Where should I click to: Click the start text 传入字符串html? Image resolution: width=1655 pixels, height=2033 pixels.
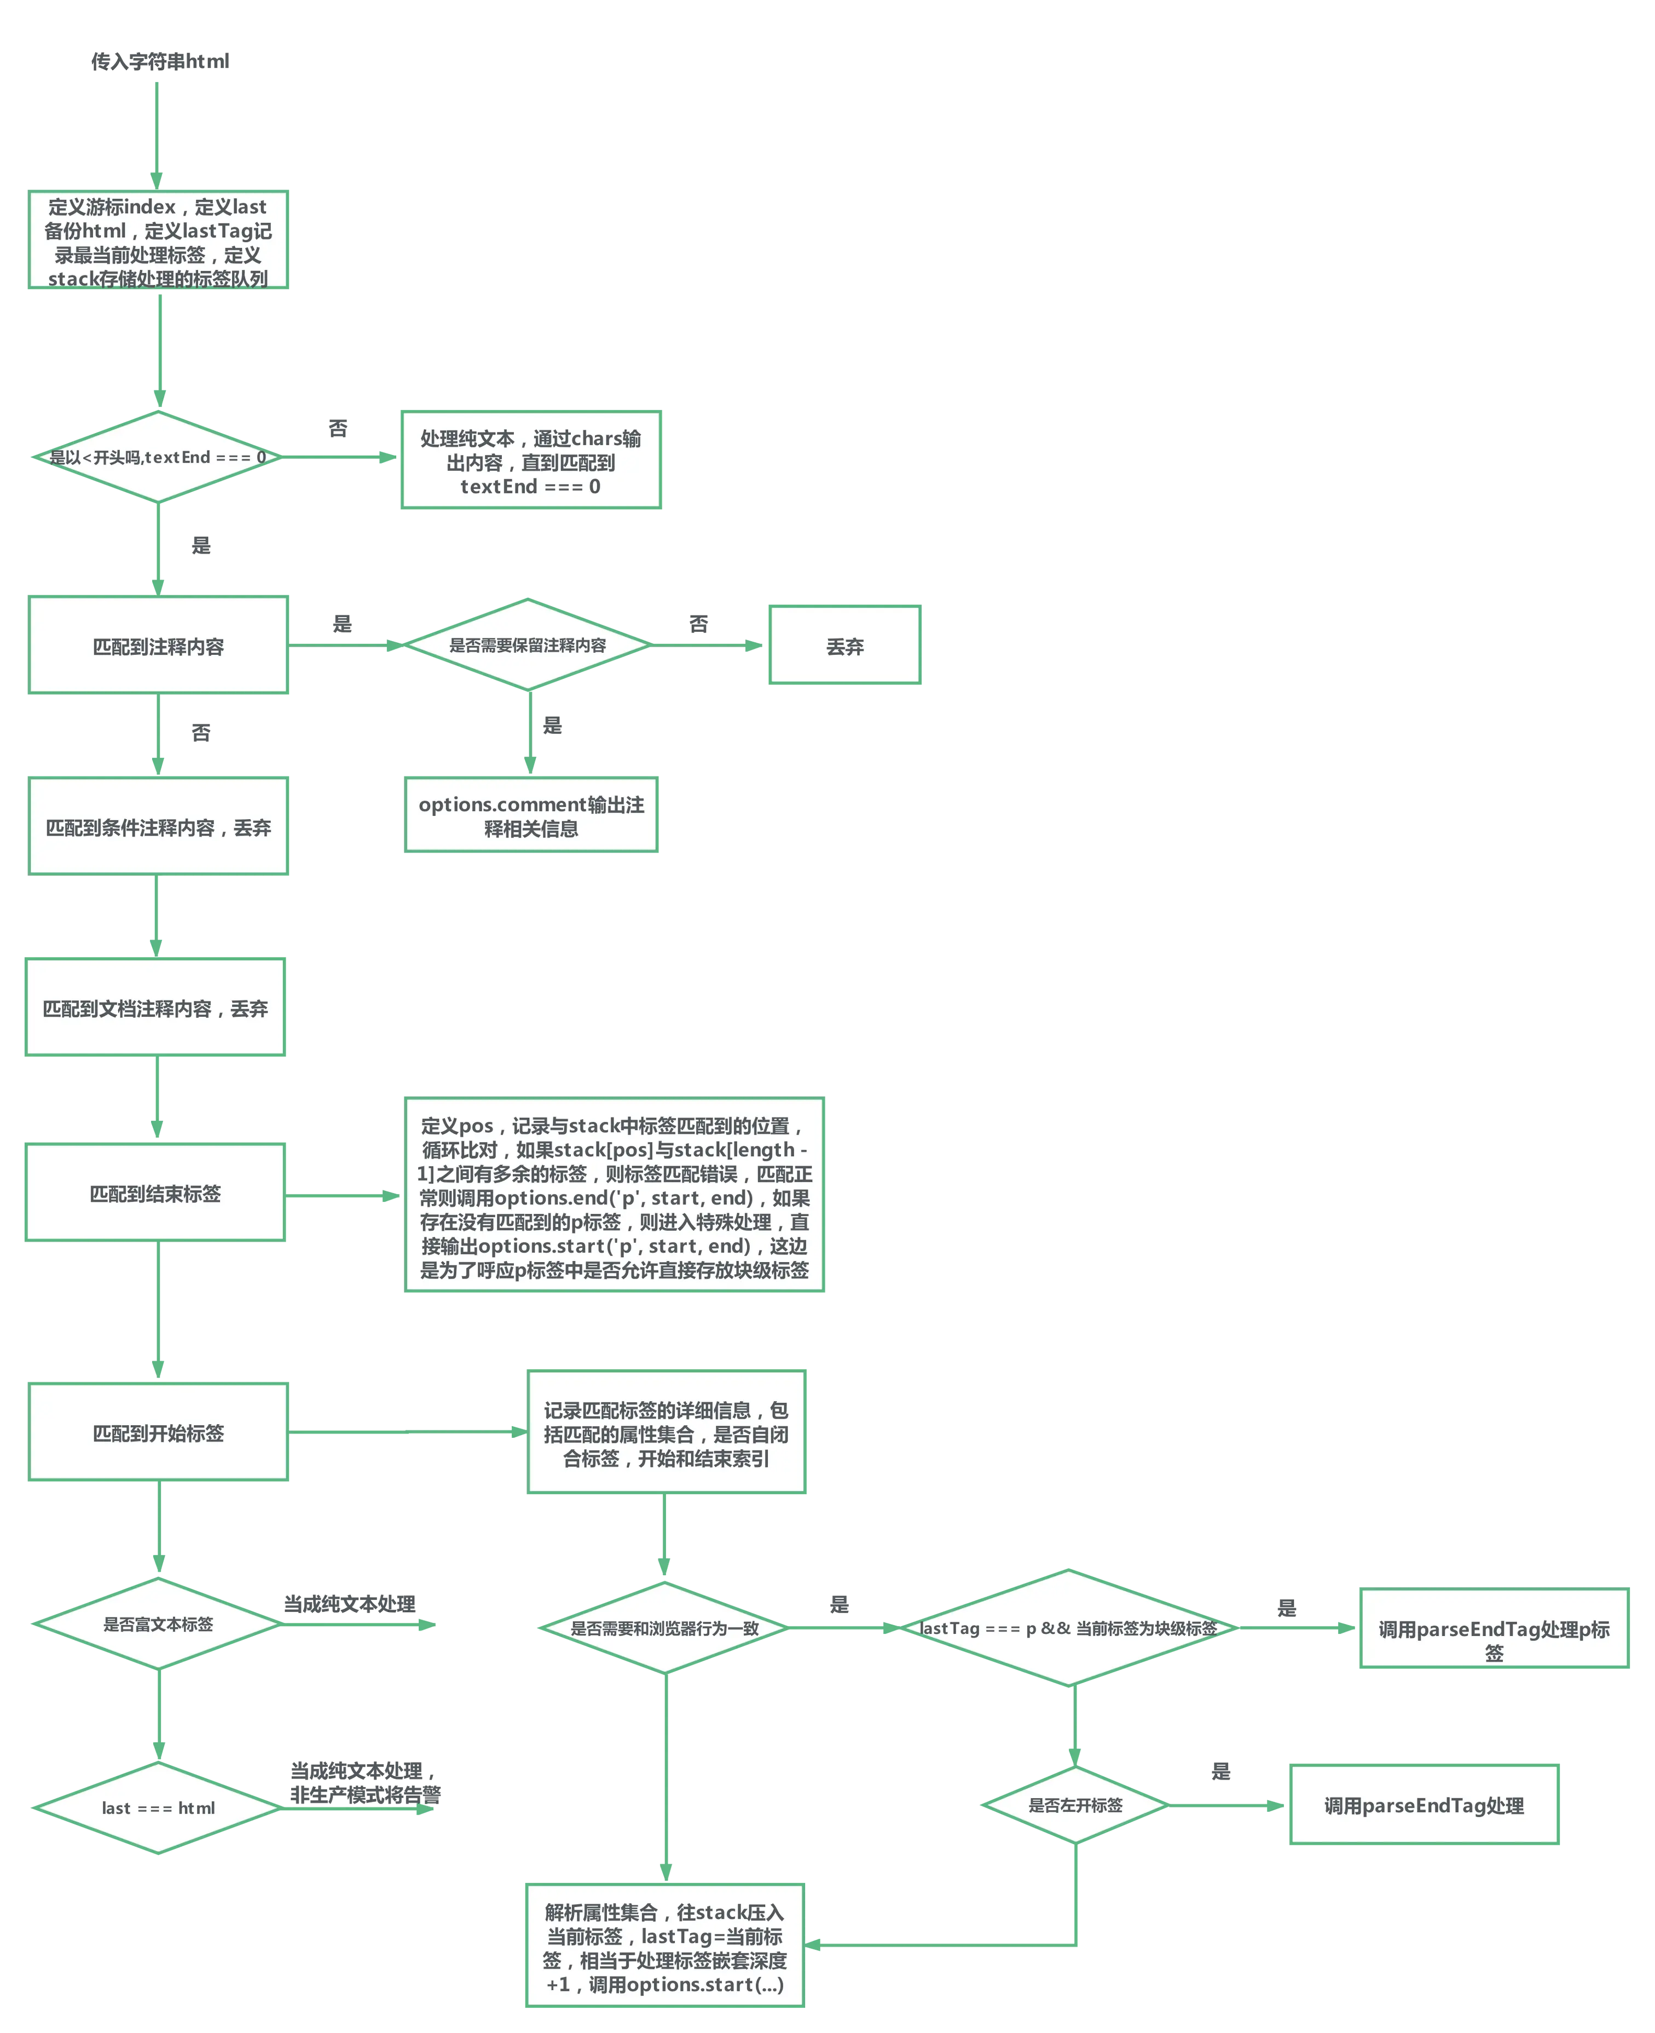tap(160, 61)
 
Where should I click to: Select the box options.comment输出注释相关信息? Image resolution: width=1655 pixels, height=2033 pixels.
tap(531, 815)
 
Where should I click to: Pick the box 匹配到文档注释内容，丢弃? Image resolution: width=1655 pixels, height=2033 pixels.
tap(155, 1008)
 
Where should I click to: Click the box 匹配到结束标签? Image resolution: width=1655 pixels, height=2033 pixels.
tap(155, 1193)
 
